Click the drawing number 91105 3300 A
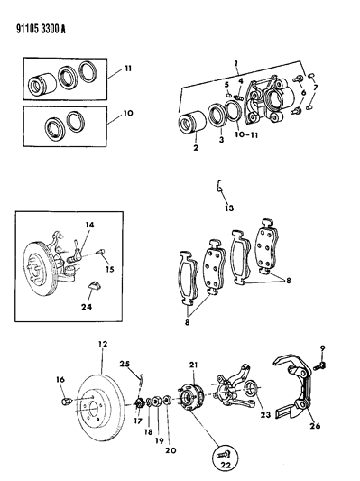[41, 29]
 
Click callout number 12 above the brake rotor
[103, 344]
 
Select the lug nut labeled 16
[67, 401]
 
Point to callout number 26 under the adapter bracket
[315, 426]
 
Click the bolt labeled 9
[319, 365]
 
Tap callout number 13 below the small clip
[229, 208]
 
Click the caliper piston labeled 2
[190, 124]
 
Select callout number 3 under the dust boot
[221, 140]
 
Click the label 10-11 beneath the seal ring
[245, 134]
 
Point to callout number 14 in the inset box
[89, 225]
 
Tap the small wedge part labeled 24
[94, 285]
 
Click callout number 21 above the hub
[193, 365]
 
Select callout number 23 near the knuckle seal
[265, 415]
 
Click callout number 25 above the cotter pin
[125, 364]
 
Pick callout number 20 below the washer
[171, 450]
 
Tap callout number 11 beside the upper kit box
[128, 69]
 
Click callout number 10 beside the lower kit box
[128, 113]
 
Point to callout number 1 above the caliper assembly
[236, 63]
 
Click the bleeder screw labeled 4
[239, 97]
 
